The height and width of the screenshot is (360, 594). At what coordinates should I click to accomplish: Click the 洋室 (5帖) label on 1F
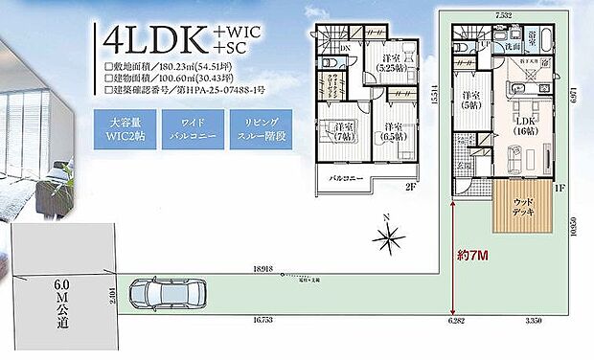click(x=470, y=100)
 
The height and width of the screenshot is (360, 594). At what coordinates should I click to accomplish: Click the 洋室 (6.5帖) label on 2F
click(x=393, y=130)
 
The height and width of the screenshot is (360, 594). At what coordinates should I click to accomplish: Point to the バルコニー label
click(x=346, y=179)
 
